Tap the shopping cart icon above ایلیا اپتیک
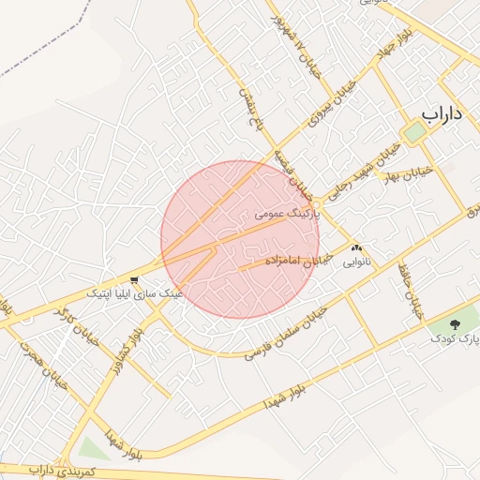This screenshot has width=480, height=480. point(135,279)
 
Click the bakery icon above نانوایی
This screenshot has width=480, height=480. point(355,248)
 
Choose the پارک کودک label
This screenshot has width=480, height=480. point(455,335)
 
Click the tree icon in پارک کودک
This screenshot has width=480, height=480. point(456,321)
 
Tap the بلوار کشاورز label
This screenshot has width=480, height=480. point(139,349)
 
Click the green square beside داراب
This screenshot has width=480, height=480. point(413,132)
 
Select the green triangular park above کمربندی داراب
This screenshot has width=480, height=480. point(91,449)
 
